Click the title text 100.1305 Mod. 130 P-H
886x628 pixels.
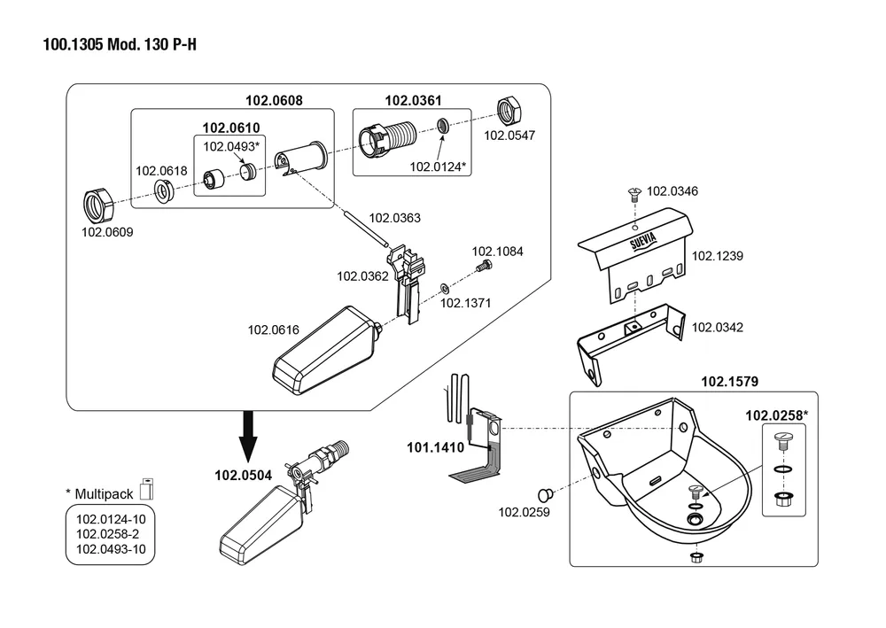tap(120, 44)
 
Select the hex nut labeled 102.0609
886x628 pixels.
tap(97, 205)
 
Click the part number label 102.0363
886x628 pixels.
tap(394, 218)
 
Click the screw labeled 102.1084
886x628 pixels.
tap(483, 266)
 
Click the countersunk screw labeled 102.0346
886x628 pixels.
tap(634, 190)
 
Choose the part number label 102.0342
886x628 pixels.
tap(717, 328)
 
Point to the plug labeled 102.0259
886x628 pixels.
tap(545, 492)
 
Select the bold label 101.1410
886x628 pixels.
tap(435, 447)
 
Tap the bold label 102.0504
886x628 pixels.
tap(243, 475)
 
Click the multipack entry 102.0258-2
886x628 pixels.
tap(107, 533)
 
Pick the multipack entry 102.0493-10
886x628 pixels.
tap(111, 549)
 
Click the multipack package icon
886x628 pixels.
tap(146, 490)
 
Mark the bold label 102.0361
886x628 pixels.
tap(413, 101)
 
